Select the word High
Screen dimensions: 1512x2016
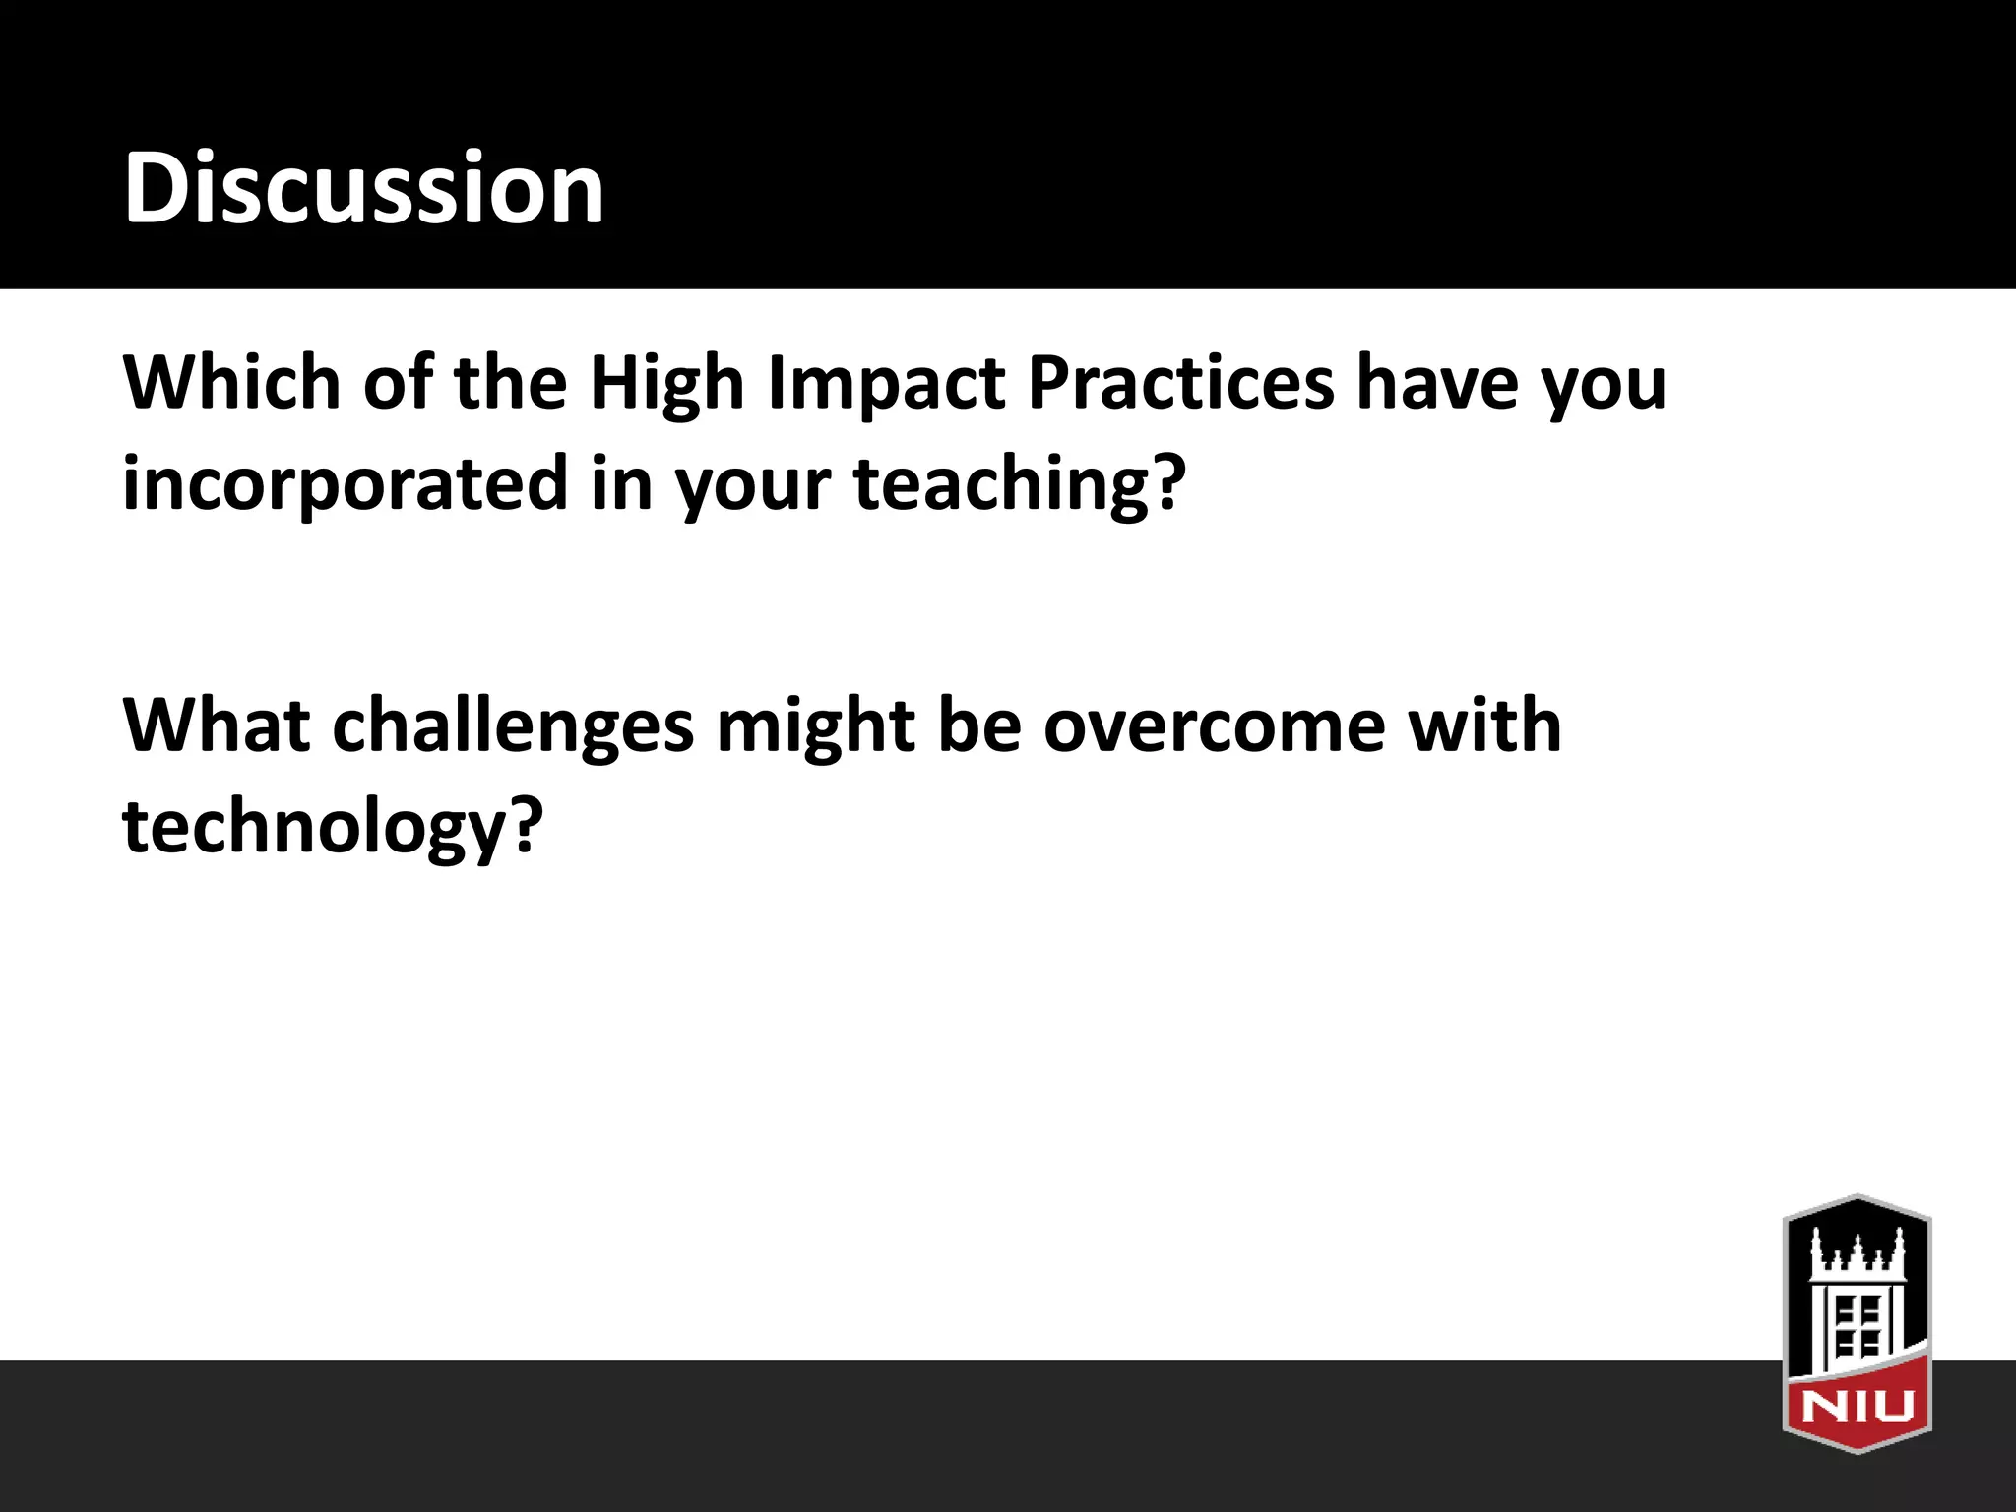pyautogui.click(x=666, y=384)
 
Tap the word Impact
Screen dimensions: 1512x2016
pyautogui.click(x=887, y=384)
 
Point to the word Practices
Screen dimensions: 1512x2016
pyautogui.click(x=1180, y=382)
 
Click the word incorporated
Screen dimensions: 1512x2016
pyautogui.click(x=345, y=484)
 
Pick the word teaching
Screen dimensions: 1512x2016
pyautogui.click(x=1000, y=484)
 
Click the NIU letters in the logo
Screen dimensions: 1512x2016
pyautogui.click(x=1857, y=1406)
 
